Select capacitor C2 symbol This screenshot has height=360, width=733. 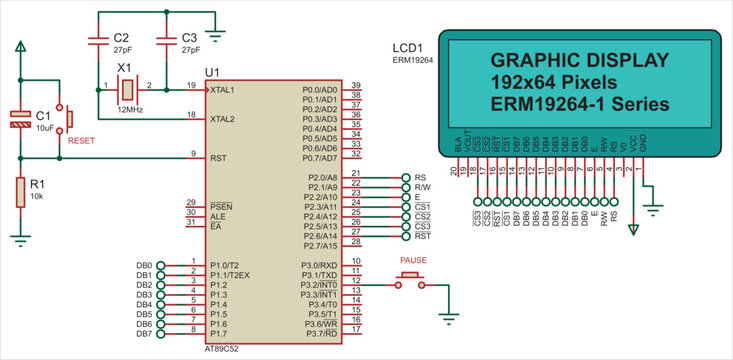98,41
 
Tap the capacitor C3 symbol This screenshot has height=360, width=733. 166,41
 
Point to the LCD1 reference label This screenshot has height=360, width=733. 408,47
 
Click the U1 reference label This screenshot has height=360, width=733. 212,72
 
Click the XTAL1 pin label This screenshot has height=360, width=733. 222,90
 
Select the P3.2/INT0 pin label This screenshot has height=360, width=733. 320,285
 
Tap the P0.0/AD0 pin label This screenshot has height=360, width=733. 320,90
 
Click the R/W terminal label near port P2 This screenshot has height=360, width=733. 422,187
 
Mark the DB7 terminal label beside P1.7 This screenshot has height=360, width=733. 143,334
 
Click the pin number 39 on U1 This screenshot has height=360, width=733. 355,85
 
